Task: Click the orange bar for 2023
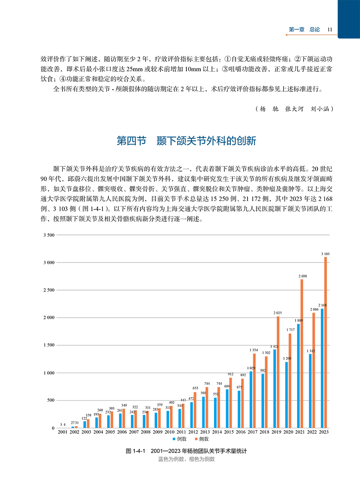click(326, 343)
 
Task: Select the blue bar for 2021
click(298, 376)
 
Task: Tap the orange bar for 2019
click(278, 372)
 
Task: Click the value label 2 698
click(303, 276)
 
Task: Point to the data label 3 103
click(326, 254)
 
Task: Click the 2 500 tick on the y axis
click(48, 290)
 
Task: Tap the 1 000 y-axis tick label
click(48, 373)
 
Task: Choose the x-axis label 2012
click(193, 433)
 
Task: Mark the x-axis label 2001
click(62, 433)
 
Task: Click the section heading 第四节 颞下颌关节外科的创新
click(186, 141)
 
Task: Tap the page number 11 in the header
click(330, 30)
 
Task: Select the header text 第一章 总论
click(304, 30)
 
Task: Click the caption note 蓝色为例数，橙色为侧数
click(186, 459)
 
